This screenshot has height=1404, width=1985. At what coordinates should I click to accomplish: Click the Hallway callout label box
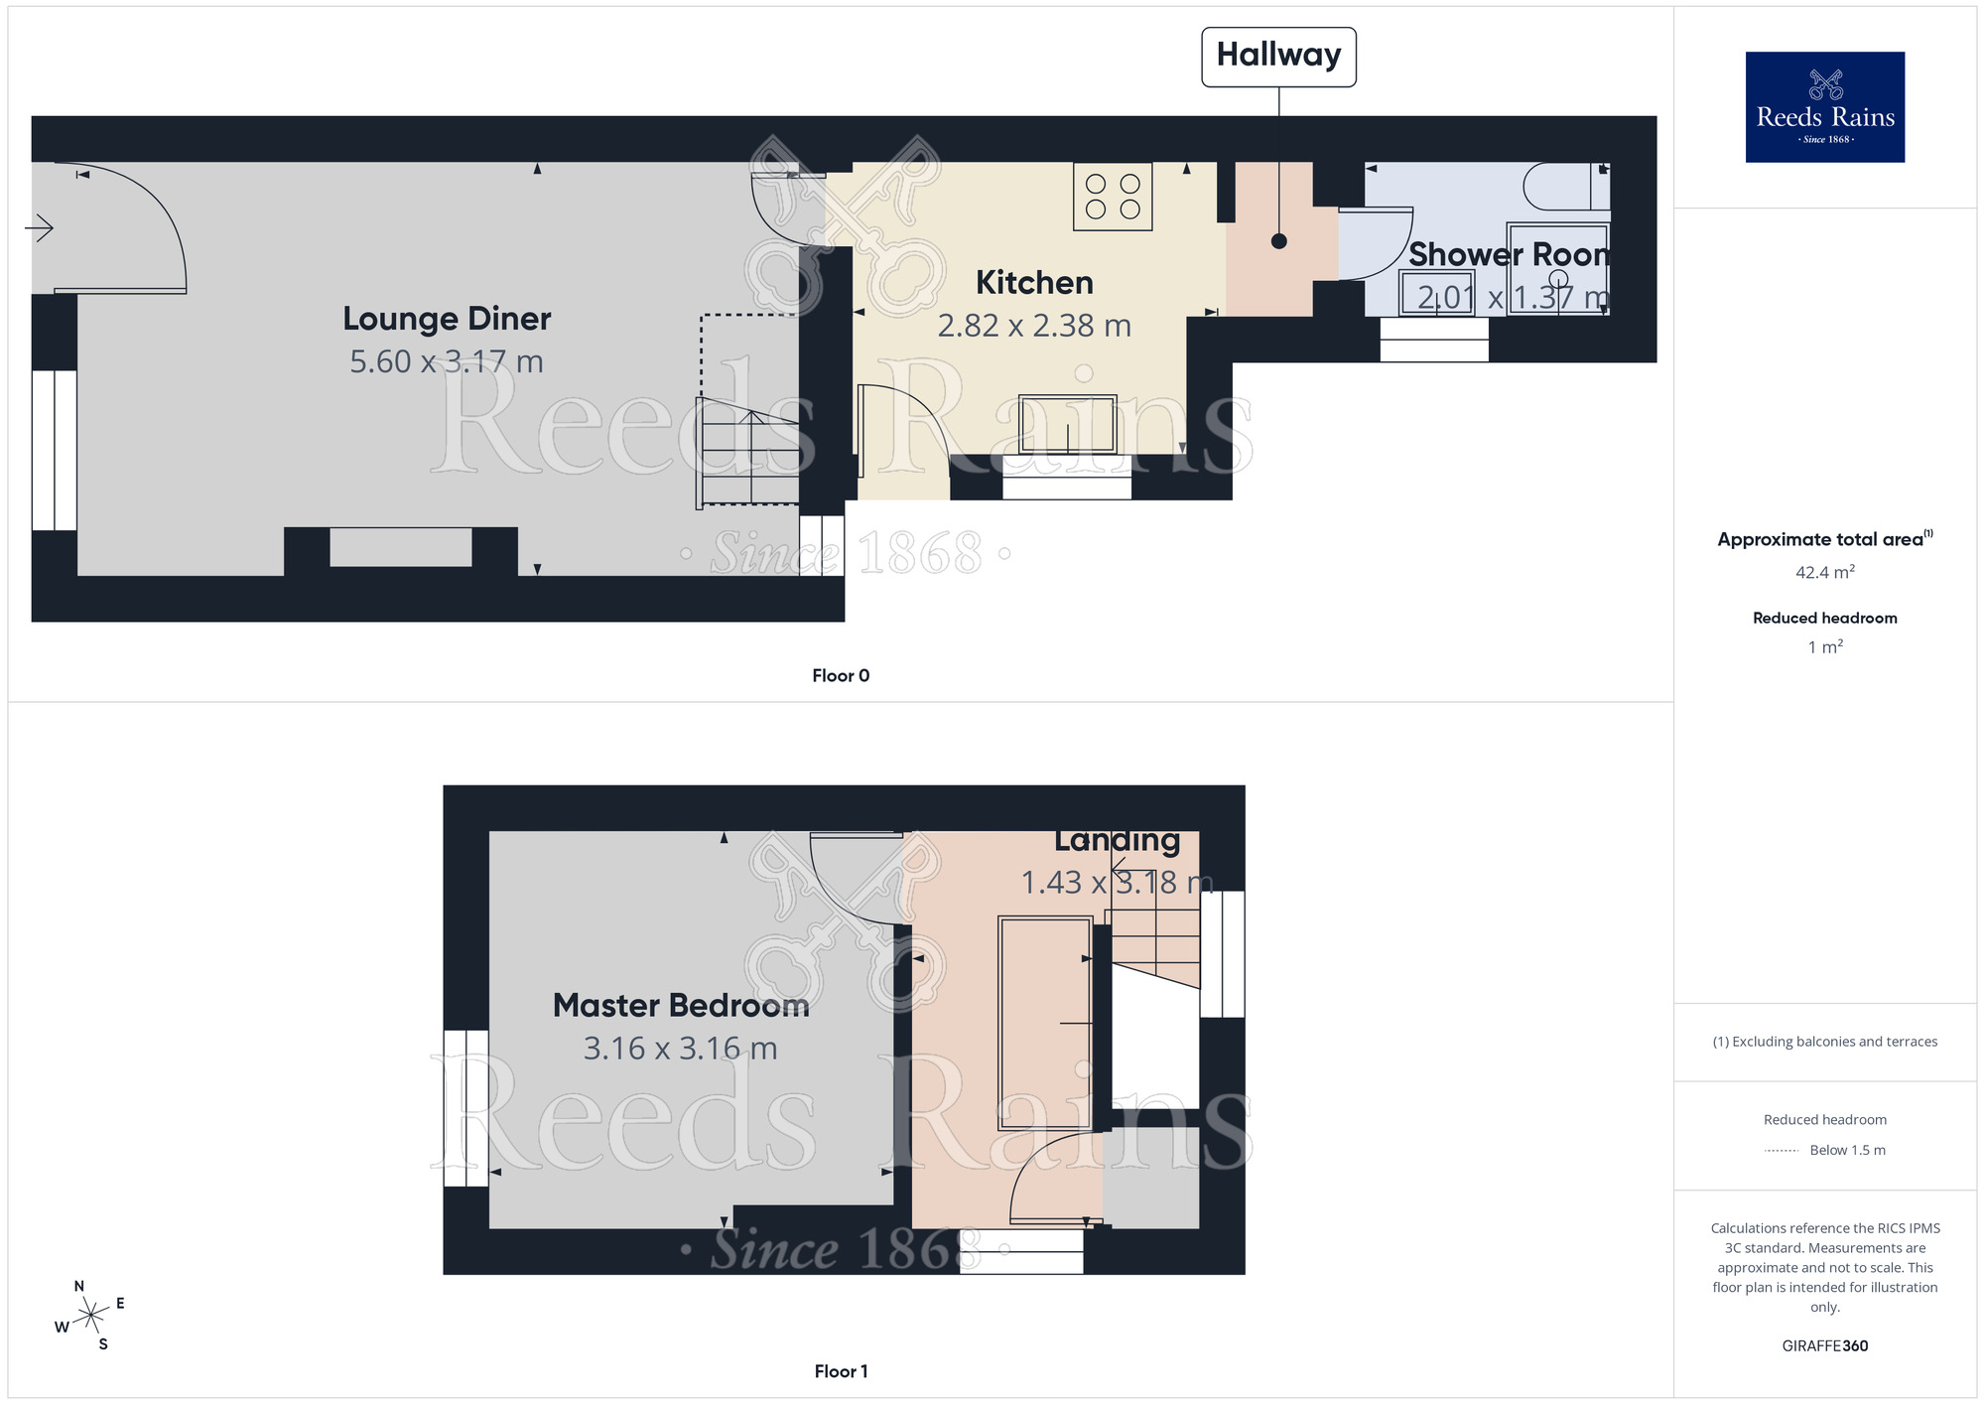(x=1278, y=57)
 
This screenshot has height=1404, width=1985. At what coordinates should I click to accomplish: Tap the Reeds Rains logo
(x=1824, y=106)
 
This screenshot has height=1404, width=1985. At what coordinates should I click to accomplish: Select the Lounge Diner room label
(x=447, y=319)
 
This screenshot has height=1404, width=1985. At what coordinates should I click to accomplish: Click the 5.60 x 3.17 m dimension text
(x=447, y=361)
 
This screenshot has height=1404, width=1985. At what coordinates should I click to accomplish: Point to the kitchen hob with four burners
(x=1113, y=197)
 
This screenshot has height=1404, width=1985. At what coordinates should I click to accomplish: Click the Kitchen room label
(x=1034, y=283)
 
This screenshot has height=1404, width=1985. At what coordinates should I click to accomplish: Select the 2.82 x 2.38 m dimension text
(x=1034, y=326)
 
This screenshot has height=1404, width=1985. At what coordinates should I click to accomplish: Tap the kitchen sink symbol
(x=1067, y=425)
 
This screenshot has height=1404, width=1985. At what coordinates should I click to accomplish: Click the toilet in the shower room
(x=1563, y=187)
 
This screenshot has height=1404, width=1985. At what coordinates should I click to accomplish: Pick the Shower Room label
(x=1509, y=254)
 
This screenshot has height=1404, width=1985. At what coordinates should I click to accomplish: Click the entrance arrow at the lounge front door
(x=39, y=228)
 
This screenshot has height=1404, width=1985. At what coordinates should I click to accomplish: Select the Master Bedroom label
(x=681, y=1006)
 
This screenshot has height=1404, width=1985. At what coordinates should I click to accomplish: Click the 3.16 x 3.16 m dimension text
(x=681, y=1049)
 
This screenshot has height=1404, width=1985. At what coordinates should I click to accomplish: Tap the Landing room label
(x=1118, y=841)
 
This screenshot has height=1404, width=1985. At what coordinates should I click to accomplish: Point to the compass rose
(x=90, y=1316)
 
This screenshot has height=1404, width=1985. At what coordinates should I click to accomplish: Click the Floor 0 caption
(x=841, y=676)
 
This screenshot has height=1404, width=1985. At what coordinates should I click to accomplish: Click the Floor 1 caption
(x=841, y=1371)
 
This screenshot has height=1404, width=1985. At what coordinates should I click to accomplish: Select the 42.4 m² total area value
(x=1824, y=573)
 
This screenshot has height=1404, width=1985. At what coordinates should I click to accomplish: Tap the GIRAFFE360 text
(x=1824, y=1346)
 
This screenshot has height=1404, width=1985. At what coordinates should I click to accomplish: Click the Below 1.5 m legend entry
(x=1846, y=1150)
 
